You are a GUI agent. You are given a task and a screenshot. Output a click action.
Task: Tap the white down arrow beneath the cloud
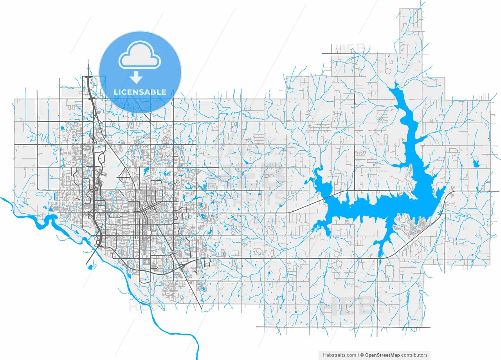[136, 77]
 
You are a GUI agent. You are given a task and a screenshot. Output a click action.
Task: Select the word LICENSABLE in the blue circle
[140, 92]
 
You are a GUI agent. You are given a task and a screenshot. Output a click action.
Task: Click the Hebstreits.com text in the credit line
[339, 355]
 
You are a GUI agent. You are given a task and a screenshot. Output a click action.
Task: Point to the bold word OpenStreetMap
[382, 355]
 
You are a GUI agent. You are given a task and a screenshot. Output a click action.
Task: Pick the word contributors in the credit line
[414, 355]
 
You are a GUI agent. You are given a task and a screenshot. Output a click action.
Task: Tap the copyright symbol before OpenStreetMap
[362, 355]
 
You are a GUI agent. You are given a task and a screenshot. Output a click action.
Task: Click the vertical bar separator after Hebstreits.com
[358, 355]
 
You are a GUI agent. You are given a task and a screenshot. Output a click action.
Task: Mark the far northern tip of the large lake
[396, 85]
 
